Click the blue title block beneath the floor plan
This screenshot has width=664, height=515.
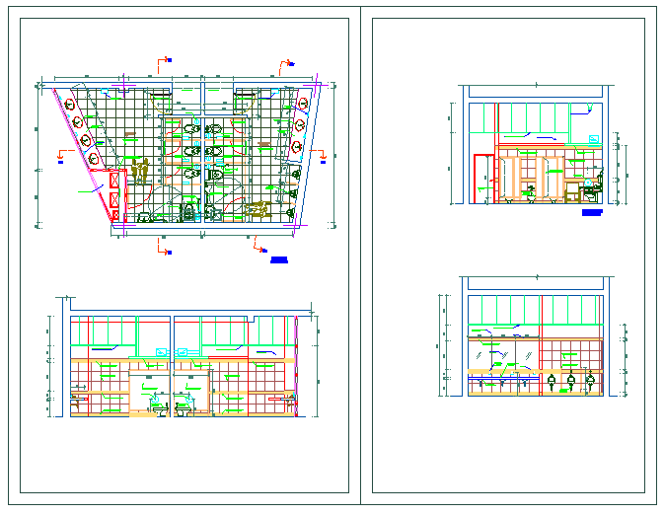click(278, 260)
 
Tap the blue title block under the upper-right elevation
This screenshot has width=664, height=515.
click(591, 211)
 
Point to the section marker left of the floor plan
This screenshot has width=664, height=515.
click(62, 156)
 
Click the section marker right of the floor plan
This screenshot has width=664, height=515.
click(322, 152)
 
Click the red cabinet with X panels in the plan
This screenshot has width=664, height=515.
click(115, 194)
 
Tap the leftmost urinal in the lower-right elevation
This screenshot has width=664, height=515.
click(551, 380)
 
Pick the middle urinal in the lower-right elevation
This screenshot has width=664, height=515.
click(570, 380)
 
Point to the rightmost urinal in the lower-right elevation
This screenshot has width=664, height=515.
click(590, 380)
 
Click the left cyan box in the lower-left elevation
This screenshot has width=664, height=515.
click(162, 351)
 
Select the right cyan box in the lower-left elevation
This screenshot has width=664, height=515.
click(183, 351)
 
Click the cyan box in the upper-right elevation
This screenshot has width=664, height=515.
click(594, 139)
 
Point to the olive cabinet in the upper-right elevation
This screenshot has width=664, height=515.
click(576, 183)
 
